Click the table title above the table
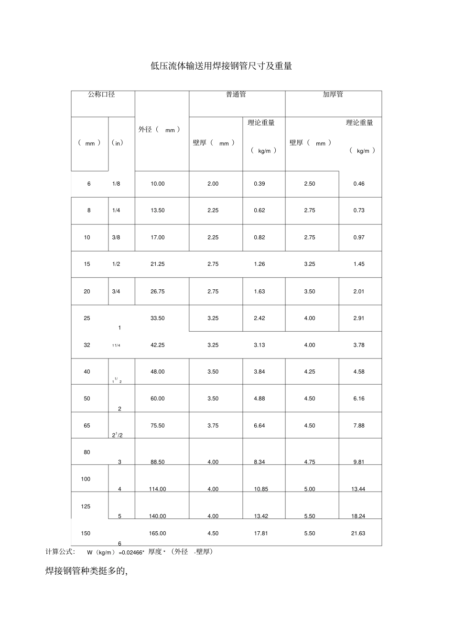pyautogui.click(x=221, y=66)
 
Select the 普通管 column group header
pyautogui.click(x=236, y=95)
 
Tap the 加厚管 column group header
pyautogui.click(x=333, y=95)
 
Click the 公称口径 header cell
pyautogui.click(x=101, y=95)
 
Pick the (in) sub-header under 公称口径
pyautogui.click(x=117, y=143)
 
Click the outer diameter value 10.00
pyautogui.click(x=158, y=184)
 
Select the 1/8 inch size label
pyautogui.click(x=116, y=184)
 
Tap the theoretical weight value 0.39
pyautogui.click(x=259, y=184)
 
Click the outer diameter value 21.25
pyautogui.click(x=158, y=264)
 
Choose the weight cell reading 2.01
pyautogui.click(x=359, y=291)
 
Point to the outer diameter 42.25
pyautogui.click(x=158, y=345)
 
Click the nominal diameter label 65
pyautogui.click(x=87, y=426)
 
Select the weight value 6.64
pyautogui.click(x=259, y=426)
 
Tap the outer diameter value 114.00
pyautogui.click(x=158, y=489)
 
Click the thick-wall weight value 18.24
pyautogui.click(x=358, y=516)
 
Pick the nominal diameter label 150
pyautogui.click(x=86, y=534)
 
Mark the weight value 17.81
pyautogui.click(x=260, y=534)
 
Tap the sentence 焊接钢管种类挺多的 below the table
pyautogui.click(x=86, y=571)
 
